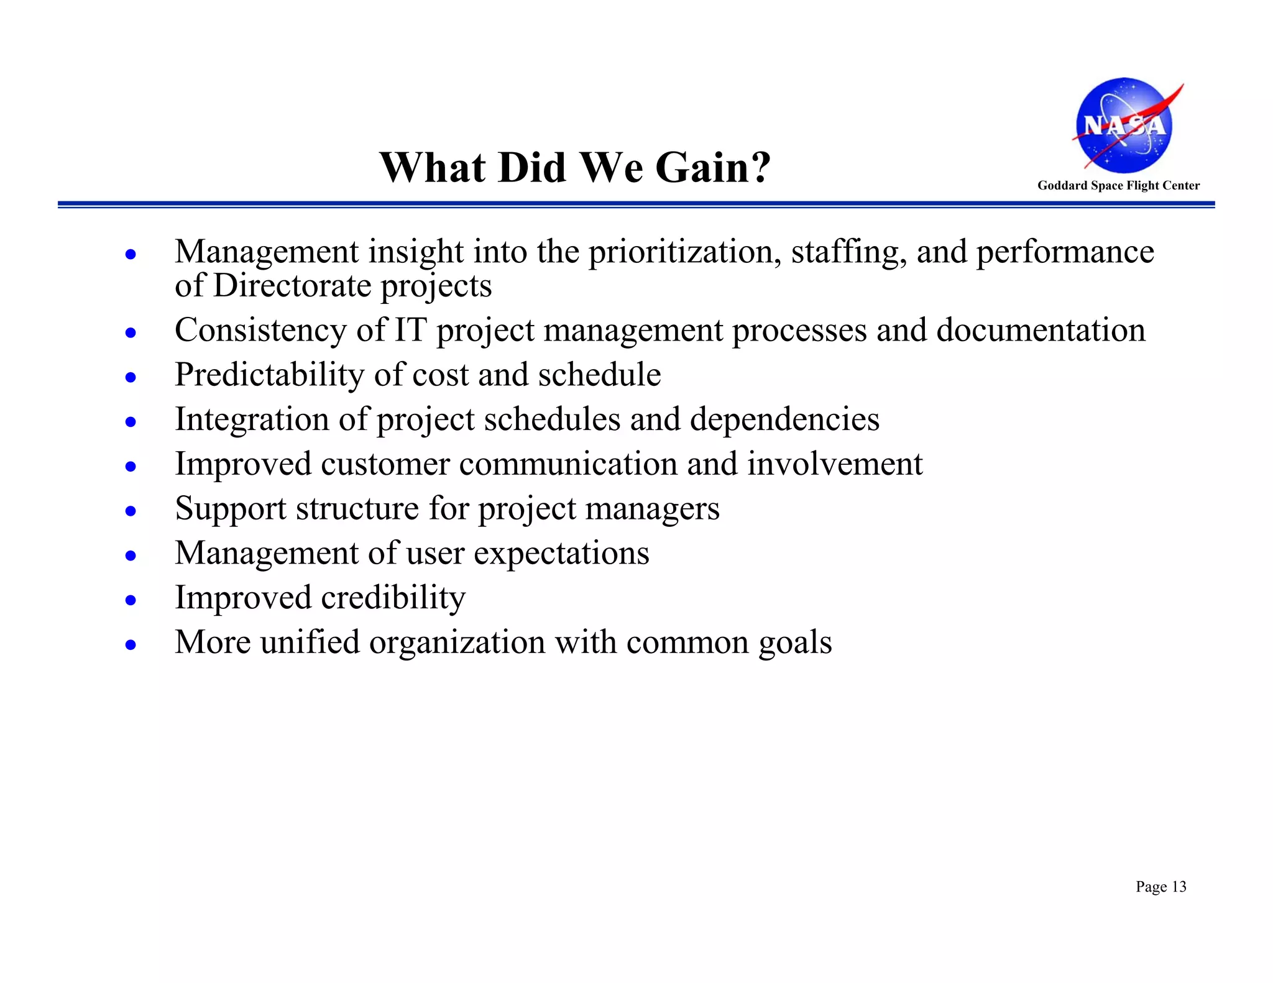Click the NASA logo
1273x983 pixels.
(x=1124, y=125)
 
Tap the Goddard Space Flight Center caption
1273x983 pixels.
(x=1118, y=185)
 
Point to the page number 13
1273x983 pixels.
(x=1179, y=887)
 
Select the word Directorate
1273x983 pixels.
(x=292, y=286)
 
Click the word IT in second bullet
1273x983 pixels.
(x=410, y=330)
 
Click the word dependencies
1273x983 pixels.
(x=784, y=419)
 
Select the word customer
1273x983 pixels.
(x=385, y=464)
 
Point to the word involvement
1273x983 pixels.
(x=834, y=464)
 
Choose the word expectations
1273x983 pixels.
(x=561, y=554)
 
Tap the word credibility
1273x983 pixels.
(x=393, y=598)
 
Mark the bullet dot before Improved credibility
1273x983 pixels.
(x=131, y=600)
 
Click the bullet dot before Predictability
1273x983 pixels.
(x=131, y=377)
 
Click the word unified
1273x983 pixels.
(x=310, y=642)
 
